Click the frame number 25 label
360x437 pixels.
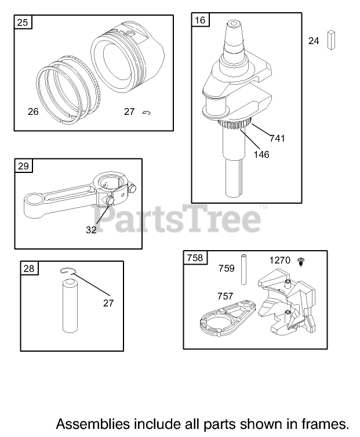[23, 22]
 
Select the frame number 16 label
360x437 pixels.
[200, 20]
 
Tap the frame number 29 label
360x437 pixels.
[23, 166]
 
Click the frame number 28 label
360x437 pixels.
[29, 268]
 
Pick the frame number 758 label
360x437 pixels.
[195, 258]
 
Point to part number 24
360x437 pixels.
[314, 41]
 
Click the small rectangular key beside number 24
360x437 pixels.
[331, 40]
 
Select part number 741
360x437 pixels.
[277, 138]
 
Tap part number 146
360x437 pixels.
[261, 154]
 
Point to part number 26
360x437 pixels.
[33, 111]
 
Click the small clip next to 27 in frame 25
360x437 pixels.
[147, 113]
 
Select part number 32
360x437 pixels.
[91, 230]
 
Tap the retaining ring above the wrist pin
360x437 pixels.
[68, 271]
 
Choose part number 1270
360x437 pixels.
[280, 260]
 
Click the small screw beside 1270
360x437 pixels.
[301, 262]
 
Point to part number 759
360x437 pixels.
[226, 268]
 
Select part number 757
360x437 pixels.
[226, 296]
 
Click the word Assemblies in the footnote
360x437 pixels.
[93, 424]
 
